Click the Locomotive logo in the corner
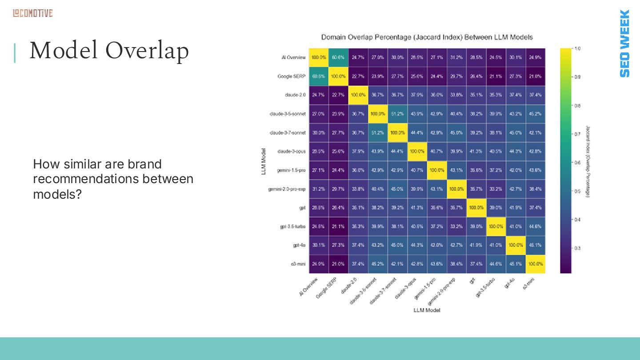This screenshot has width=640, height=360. [32, 13]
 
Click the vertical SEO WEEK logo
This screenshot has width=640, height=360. [624, 43]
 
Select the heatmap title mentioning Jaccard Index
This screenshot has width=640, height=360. [427, 37]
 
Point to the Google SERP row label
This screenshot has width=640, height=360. [292, 76]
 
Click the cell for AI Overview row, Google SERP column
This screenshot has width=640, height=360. [338, 57]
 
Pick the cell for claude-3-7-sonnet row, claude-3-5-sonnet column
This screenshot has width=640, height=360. [378, 132]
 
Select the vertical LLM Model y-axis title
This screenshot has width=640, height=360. [264, 161]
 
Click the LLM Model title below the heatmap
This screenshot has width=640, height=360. [427, 310]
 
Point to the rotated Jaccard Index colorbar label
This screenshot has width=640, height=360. [588, 161]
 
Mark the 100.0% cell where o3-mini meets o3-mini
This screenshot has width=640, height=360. [535, 264]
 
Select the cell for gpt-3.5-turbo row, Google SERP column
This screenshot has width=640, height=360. [338, 227]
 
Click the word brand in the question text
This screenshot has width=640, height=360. [144, 164]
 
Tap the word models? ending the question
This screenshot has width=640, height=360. [58, 194]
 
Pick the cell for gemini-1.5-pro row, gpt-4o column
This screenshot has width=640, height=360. [516, 170]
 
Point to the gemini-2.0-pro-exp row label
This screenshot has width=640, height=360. [287, 189]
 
